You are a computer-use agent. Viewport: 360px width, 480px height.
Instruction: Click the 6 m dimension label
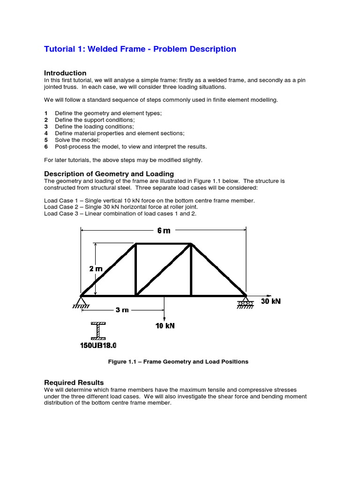point(164,231)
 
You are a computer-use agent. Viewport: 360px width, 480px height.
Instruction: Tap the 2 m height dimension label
point(96,269)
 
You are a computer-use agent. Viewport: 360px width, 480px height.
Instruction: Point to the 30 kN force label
point(270,301)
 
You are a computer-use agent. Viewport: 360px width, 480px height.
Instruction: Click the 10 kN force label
point(165,326)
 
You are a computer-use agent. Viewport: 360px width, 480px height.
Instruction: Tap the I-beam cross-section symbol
point(98,330)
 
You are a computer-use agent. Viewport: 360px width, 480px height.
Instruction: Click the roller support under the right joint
point(245,302)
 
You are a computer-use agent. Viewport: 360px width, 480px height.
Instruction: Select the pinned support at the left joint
point(82,301)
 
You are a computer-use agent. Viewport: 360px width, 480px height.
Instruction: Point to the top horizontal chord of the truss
point(163,244)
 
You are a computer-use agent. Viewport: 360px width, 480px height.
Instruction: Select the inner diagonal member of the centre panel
point(163,270)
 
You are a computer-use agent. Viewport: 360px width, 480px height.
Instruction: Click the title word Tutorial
point(60,49)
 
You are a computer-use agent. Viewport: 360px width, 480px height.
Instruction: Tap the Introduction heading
point(65,73)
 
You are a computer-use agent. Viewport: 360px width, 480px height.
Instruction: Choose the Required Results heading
point(74,382)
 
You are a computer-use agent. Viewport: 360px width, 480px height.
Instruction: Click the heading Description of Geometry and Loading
point(109,174)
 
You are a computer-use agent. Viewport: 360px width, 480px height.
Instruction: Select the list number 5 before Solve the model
point(46,140)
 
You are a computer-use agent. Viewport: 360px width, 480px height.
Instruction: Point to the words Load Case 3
point(62,214)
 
